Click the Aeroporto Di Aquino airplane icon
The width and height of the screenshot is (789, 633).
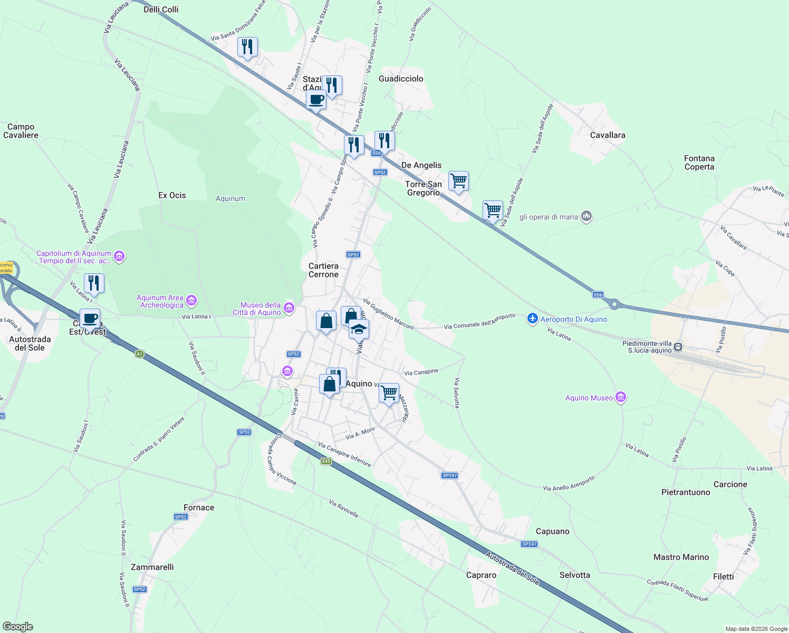point(533,319)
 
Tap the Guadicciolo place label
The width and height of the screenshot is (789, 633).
point(401,79)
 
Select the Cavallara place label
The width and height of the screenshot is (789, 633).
point(608,135)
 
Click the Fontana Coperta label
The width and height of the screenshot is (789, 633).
point(699,162)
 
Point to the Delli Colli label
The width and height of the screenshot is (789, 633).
point(161,9)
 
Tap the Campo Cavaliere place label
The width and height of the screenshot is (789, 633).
point(21,131)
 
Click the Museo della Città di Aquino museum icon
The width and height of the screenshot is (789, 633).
point(288,308)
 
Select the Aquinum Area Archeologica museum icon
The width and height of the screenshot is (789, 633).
point(191,301)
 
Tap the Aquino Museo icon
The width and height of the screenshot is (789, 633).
point(621,398)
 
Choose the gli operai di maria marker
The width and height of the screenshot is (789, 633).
point(586,216)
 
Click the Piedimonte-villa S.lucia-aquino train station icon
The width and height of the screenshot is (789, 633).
point(678,347)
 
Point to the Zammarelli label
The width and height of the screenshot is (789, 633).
point(152,567)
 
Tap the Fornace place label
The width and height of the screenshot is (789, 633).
point(199,507)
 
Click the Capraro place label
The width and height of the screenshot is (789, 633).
point(481,575)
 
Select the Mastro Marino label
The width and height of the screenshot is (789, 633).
point(681,557)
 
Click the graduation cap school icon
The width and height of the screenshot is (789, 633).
point(359,329)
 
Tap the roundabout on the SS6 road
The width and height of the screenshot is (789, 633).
point(613,303)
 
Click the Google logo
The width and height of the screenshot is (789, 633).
point(17,627)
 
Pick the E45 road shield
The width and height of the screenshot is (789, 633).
point(326,461)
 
